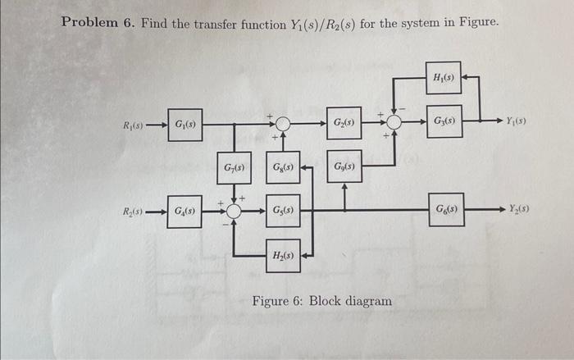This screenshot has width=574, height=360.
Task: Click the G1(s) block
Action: [x=184, y=125]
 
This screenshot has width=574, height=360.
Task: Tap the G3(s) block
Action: [x=444, y=122]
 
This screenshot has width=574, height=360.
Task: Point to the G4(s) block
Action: [x=184, y=212]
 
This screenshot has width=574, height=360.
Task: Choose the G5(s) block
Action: [x=281, y=212]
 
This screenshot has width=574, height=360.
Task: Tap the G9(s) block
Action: [x=344, y=169]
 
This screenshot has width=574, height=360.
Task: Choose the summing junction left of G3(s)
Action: [x=394, y=123]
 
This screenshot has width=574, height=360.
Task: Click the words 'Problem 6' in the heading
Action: [x=97, y=22]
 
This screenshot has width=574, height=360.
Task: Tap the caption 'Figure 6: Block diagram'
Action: [x=322, y=301]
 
